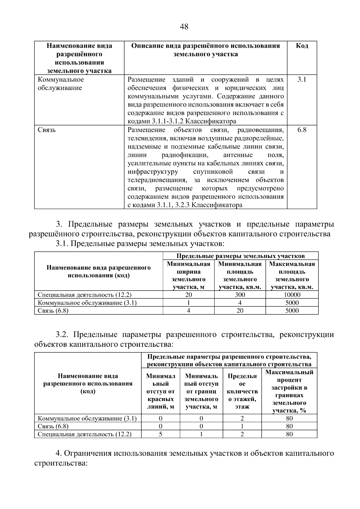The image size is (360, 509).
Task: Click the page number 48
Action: click(184, 27)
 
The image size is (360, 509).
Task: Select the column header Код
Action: click(302, 46)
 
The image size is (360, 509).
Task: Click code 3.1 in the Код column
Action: click(302, 79)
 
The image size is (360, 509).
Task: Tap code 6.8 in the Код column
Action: click(302, 130)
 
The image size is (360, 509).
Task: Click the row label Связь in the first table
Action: click(47, 130)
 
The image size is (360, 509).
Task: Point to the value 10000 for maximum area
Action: click(292, 295)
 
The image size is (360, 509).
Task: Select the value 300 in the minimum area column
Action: click(240, 295)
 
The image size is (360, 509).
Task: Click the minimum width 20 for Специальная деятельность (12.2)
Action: click(188, 295)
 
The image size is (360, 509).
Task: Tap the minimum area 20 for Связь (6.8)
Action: click(240, 310)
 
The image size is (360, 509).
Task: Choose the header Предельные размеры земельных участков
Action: click(240, 256)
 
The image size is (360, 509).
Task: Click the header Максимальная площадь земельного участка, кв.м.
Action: click(292, 275)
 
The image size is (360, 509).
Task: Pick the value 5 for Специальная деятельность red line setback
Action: click(160, 434)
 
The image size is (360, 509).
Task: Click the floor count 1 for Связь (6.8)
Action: click(242, 426)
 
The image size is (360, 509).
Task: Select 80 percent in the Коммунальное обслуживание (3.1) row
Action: click(289, 418)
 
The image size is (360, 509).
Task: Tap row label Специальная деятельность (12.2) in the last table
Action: click(85, 434)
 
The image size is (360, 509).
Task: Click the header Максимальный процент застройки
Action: click(289, 391)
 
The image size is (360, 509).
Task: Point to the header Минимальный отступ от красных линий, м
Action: click(160, 391)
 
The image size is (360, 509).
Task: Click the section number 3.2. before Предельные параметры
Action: click(62, 334)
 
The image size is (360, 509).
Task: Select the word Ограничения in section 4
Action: click(86, 453)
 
